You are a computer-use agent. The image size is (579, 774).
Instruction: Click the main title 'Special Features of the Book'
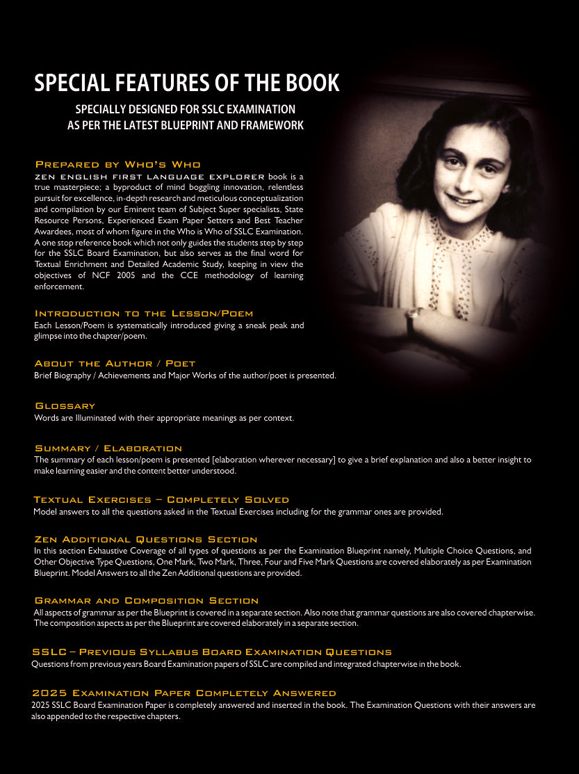[186, 83]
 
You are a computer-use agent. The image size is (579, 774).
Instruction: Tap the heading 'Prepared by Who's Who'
[117, 165]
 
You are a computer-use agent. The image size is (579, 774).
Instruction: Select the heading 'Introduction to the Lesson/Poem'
[143, 314]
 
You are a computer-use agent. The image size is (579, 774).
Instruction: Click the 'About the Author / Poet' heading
[115, 364]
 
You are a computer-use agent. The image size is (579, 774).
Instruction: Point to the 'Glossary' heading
[65, 406]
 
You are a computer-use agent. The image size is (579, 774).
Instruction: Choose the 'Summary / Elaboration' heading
[108, 449]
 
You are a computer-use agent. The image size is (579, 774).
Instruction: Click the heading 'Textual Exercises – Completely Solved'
[161, 500]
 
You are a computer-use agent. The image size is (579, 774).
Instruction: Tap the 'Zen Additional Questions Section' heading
[145, 540]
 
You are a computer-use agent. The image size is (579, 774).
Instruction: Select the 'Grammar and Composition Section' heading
[146, 601]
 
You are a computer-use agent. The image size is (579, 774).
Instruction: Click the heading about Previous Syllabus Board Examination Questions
[211, 652]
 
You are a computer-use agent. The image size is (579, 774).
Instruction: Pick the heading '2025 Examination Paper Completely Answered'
[184, 693]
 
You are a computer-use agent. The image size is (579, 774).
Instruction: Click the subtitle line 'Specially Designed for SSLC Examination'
[185, 110]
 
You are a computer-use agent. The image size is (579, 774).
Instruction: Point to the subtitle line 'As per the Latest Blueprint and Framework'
[185, 126]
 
